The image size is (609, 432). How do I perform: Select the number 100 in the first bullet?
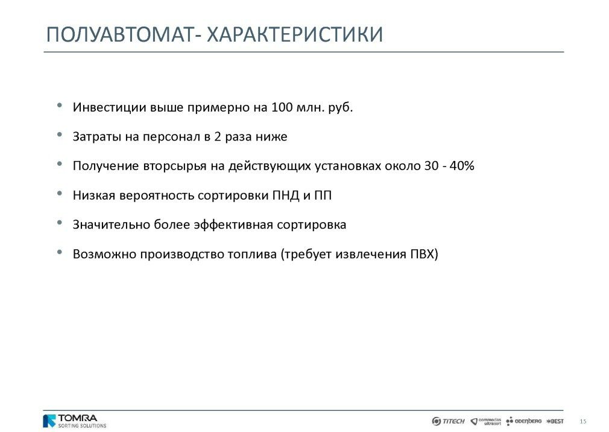point(282,107)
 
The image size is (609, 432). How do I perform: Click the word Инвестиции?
point(110,107)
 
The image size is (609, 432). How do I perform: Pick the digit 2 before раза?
point(218,136)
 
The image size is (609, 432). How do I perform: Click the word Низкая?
point(94,195)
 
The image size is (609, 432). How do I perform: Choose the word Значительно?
point(112,224)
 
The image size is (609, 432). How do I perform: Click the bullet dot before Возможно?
point(60,252)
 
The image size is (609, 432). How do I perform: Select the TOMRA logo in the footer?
point(75,421)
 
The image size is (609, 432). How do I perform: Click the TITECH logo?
point(448,421)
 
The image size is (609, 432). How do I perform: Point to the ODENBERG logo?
point(523,421)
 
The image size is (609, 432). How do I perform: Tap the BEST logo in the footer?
point(555,421)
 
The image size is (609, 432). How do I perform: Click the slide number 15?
point(583,422)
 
